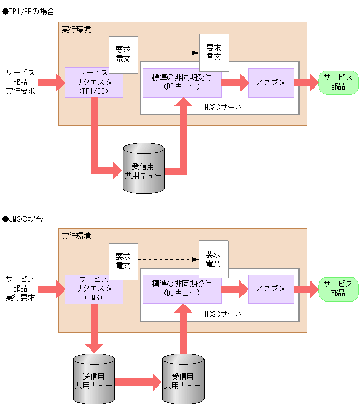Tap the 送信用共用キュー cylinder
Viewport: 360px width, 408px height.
(94, 380)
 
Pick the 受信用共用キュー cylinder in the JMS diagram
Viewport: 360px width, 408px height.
(183, 380)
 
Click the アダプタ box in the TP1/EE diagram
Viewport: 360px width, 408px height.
(270, 83)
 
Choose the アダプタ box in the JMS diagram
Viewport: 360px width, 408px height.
(270, 289)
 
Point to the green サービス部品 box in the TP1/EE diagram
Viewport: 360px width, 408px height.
(338, 82)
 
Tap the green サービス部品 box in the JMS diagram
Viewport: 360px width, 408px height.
(338, 288)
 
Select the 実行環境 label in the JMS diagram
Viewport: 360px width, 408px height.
(76, 236)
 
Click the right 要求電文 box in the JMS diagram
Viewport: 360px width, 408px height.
(213, 259)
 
